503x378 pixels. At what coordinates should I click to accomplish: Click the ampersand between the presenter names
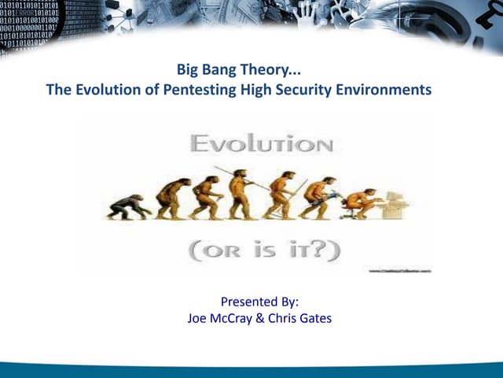click(262, 319)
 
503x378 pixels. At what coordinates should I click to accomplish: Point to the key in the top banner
click(479, 24)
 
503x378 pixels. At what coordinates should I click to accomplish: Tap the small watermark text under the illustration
click(401, 269)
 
